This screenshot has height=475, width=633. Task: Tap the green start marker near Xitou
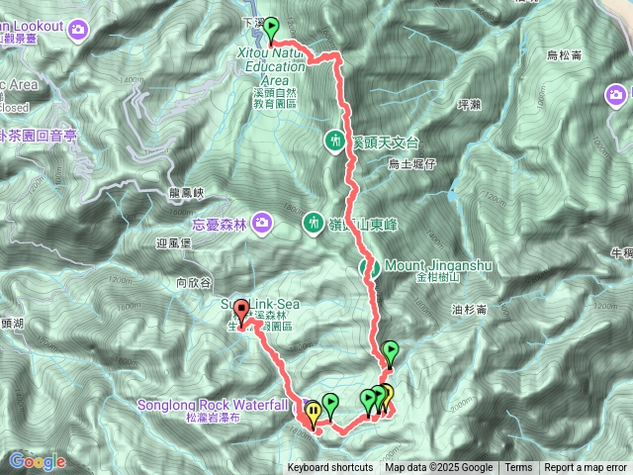272,28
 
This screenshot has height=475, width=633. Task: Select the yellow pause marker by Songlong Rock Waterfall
314,412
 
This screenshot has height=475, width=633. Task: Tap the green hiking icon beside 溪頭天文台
336,141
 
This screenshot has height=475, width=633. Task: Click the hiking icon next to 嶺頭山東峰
314,222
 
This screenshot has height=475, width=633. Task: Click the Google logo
37,461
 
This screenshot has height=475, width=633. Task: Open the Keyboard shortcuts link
330,468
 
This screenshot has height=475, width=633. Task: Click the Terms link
518,468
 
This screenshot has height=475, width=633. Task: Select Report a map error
586,468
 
